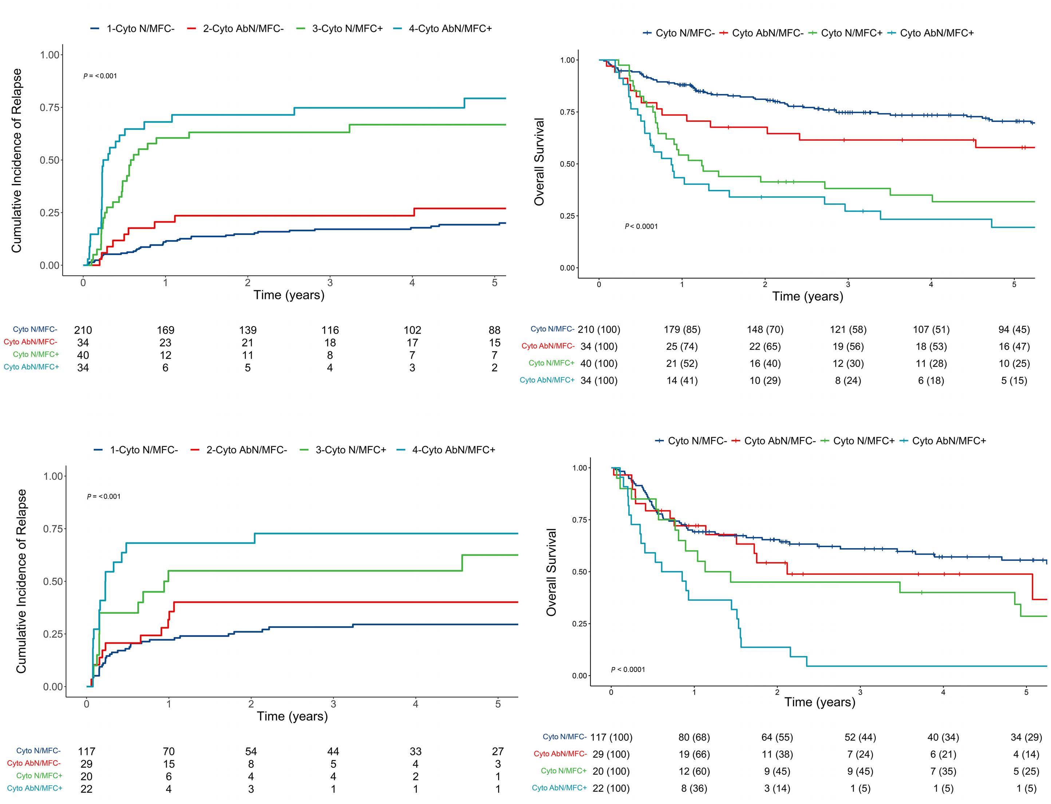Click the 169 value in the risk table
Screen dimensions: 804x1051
[165, 330]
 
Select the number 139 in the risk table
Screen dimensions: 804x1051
[248, 330]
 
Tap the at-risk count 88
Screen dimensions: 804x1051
[494, 330]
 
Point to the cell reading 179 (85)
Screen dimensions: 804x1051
[682, 329]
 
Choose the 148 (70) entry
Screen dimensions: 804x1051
[764, 329]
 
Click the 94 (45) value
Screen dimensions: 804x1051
[1014, 329]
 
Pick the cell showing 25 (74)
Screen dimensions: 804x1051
[682, 346]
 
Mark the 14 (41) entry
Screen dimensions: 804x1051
[682, 381]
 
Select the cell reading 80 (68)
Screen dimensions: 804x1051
[694, 737]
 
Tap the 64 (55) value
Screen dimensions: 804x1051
[777, 737]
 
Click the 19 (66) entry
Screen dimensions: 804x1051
[694, 754]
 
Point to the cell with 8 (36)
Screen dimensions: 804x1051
[694, 788]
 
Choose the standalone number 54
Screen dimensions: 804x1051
[251, 751]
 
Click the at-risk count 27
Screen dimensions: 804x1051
[498, 751]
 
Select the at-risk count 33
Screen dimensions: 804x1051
[415, 751]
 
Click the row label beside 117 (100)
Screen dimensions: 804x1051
[564, 737]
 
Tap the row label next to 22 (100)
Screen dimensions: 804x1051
[559, 788]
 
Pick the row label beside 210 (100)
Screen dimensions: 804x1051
[552, 329]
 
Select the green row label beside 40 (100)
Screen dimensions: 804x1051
[551, 363]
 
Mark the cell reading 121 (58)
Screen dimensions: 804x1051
[847, 329]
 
